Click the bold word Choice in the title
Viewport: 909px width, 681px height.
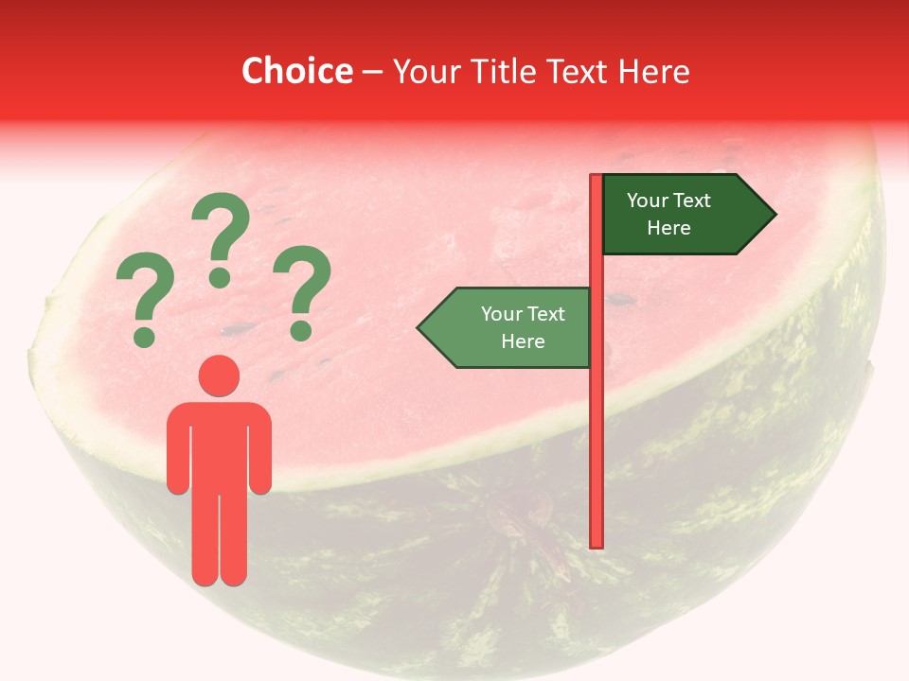[296, 72]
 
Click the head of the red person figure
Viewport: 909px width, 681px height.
[219, 375]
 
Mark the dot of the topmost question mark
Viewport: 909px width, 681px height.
[220, 277]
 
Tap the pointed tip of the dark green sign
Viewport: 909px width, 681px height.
[774, 215]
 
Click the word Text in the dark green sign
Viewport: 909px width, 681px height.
[693, 201]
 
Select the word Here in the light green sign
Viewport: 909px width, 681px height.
[523, 341]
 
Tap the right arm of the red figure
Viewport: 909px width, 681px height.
[259, 449]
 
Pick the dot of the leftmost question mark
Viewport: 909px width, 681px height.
[144, 336]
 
